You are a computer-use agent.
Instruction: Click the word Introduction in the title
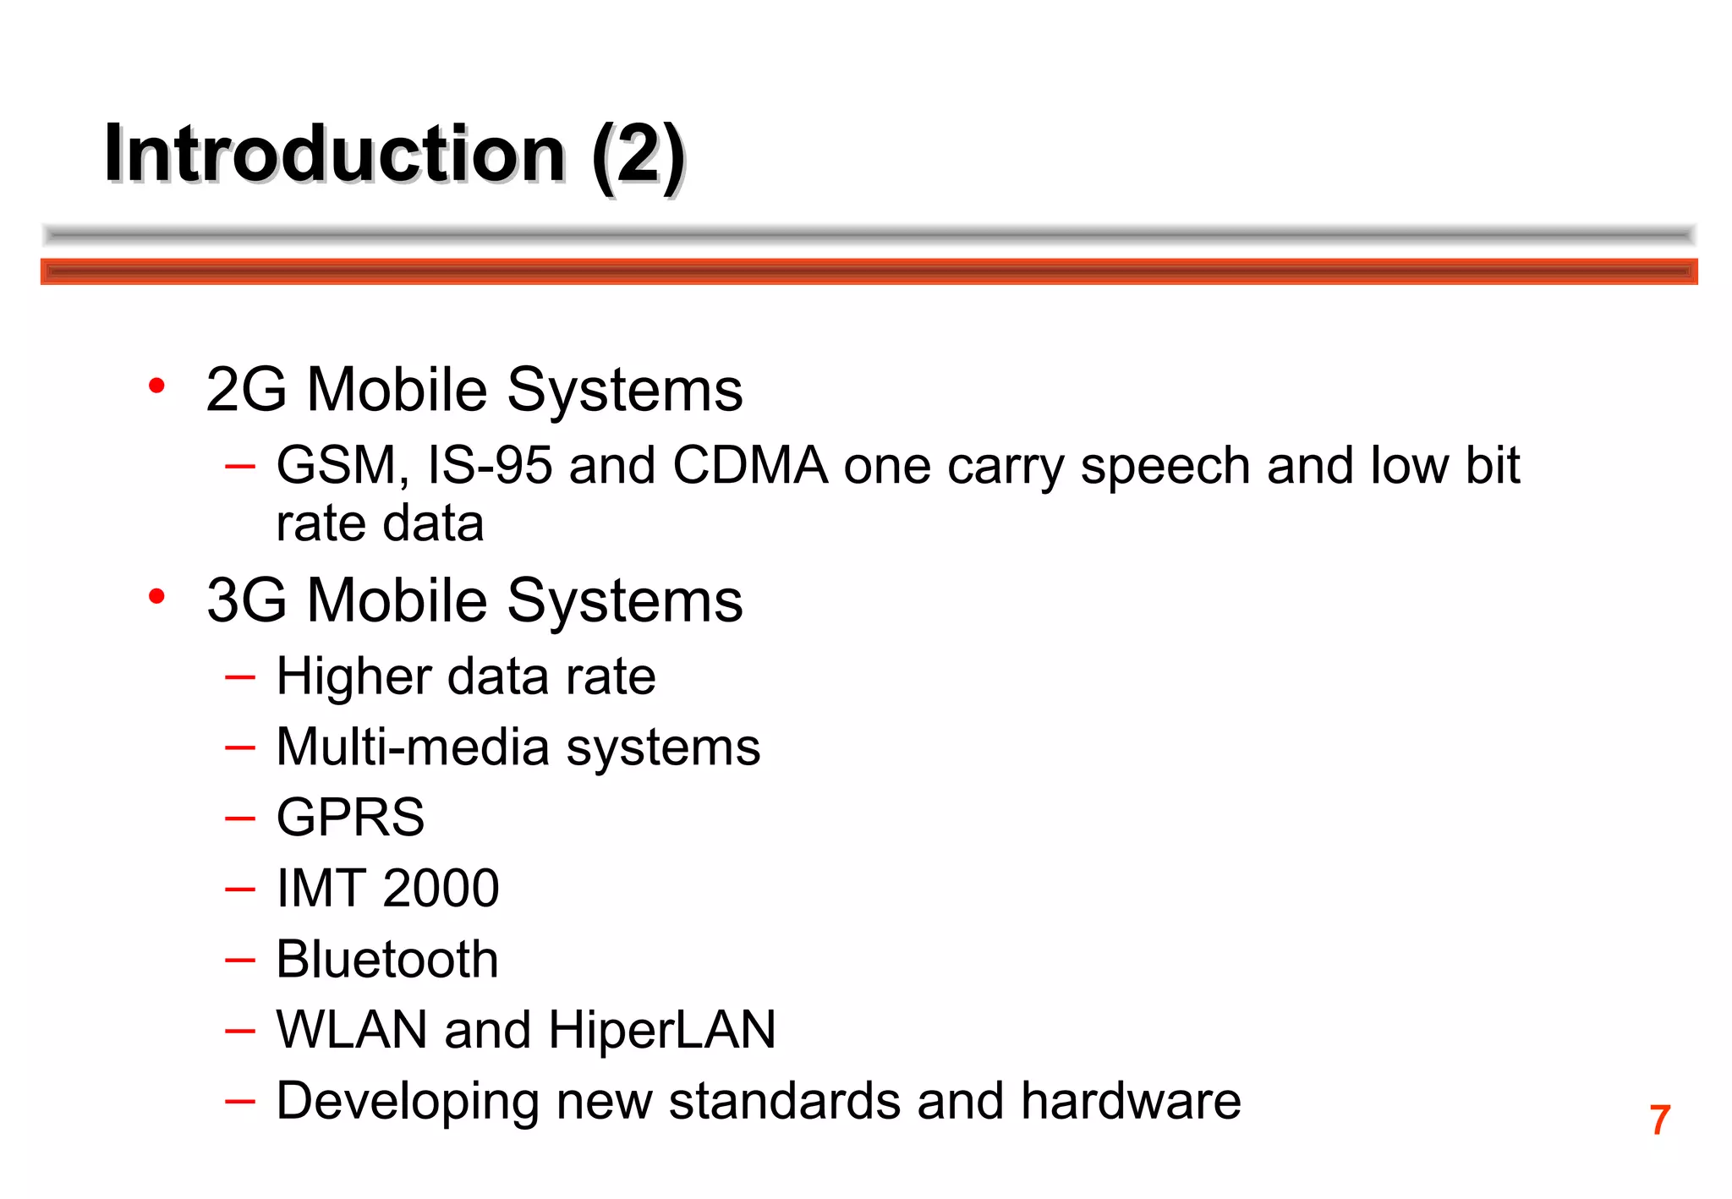click(334, 154)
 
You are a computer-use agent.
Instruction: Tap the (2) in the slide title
click(638, 156)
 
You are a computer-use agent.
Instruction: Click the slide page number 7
click(1659, 1120)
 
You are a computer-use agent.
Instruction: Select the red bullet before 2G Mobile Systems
click(156, 386)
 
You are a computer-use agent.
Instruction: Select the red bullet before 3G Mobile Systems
click(156, 597)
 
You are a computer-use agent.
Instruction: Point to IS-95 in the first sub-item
click(490, 466)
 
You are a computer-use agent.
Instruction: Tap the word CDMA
click(750, 466)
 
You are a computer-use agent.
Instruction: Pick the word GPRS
click(350, 818)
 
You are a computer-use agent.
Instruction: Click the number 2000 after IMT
click(441, 889)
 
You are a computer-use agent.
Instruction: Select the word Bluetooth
click(387, 960)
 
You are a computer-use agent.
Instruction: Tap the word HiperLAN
click(661, 1030)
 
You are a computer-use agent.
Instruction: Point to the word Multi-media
click(414, 747)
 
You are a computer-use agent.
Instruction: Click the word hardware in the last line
click(1131, 1101)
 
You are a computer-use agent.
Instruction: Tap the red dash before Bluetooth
click(240, 960)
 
